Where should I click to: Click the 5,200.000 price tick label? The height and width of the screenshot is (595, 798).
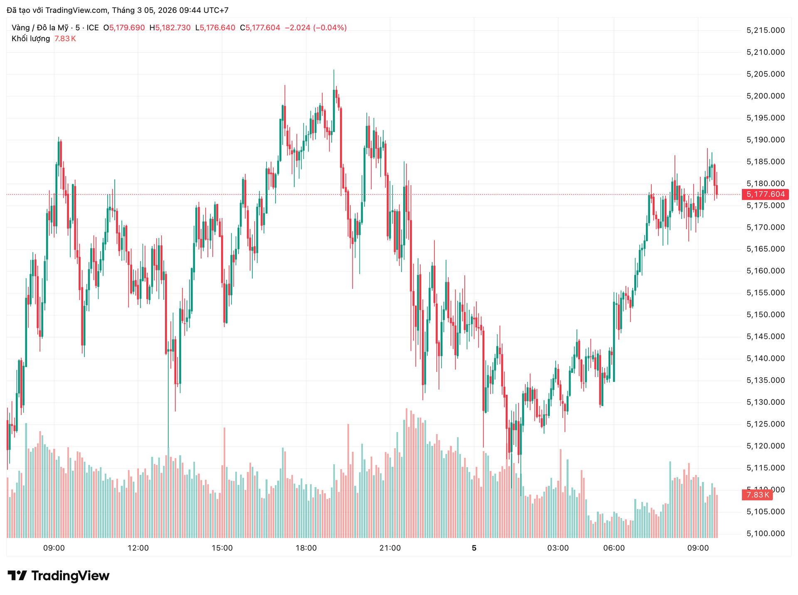tap(765, 96)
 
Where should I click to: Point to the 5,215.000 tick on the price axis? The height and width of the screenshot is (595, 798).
tap(765, 30)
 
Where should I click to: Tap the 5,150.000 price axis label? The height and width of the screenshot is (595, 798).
tap(765, 315)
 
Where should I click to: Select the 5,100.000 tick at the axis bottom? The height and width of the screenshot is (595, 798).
tap(765, 534)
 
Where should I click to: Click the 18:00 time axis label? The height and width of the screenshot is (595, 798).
tap(306, 548)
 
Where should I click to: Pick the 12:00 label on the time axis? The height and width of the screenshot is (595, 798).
tap(138, 548)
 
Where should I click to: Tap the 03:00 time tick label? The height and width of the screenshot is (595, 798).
tap(558, 548)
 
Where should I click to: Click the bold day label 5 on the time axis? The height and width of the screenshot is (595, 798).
tap(474, 548)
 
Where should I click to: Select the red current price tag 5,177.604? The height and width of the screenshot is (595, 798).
tap(765, 194)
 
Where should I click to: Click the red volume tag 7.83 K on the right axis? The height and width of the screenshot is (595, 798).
tap(757, 495)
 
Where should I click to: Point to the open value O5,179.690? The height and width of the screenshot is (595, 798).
tap(124, 28)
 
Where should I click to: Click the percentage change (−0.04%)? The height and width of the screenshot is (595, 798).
tap(330, 28)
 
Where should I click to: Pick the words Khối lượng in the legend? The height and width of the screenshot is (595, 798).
tap(31, 39)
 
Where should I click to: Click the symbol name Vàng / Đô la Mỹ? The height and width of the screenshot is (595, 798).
tap(40, 28)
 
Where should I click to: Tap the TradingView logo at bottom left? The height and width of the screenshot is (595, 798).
tap(59, 576)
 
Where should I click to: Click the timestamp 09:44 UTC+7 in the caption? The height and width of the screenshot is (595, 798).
tap(204, 10)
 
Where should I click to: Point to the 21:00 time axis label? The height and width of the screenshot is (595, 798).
tap(390, 548)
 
